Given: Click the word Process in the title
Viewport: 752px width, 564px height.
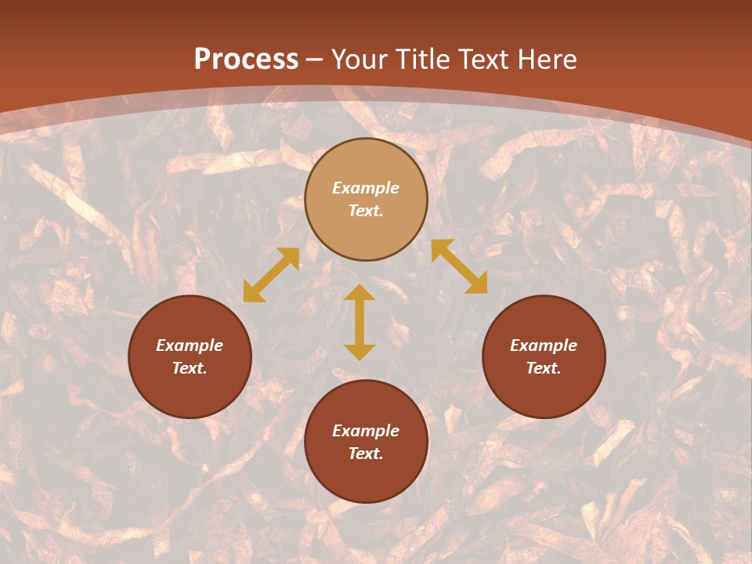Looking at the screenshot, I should pyautogui.click(x=246, y=59).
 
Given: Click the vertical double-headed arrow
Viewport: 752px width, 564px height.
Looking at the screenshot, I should pyautogui.click(x=360, y=322).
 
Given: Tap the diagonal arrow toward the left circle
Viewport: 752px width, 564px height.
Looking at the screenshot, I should pyautogui.click(x=271, y=274).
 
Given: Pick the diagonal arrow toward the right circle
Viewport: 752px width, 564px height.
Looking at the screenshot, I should pyautogui.click(x=459, y=266).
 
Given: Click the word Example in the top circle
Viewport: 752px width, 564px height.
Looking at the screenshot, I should pyautogui.click(x=366, y=188).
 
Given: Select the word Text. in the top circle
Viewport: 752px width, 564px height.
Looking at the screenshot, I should pyautogui.click(x=366, y=211).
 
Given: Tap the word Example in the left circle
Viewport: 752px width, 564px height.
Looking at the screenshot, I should pyautogui.click(x=190, y=345).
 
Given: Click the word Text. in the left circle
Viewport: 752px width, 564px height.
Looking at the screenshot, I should pyautogui.click(x=190, y=368).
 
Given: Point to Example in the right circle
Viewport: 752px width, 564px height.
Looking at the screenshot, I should pyautogui.click(x=544, y=345).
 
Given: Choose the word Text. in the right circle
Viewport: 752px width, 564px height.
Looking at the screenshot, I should pyautogui.click(x=544, y=368).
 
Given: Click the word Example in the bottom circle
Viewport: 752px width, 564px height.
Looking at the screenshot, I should pyautogui.click(x=366, y=431).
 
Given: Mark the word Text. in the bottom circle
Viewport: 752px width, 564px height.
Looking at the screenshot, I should pyautogui.click(x=366, y=454).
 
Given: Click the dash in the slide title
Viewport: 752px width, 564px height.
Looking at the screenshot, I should pyautogui.click(x=315, y=60).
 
